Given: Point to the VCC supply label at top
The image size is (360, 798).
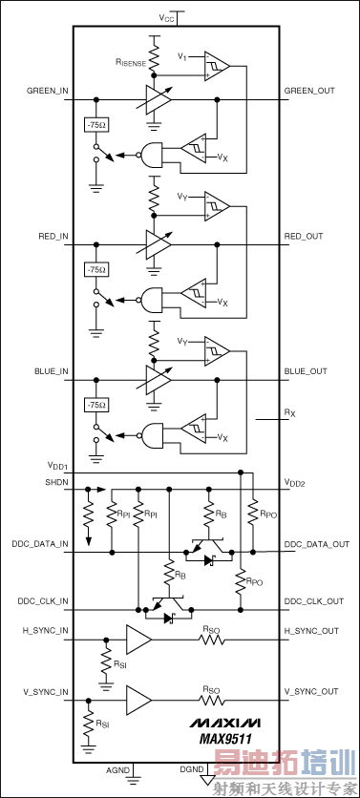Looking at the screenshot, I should tap(167, 17).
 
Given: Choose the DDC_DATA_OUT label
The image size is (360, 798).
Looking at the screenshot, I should tap(316, 544).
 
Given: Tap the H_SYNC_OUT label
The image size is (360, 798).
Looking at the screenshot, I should tap(311, 631).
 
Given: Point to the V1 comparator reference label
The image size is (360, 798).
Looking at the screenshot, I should tap(181, 56).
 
